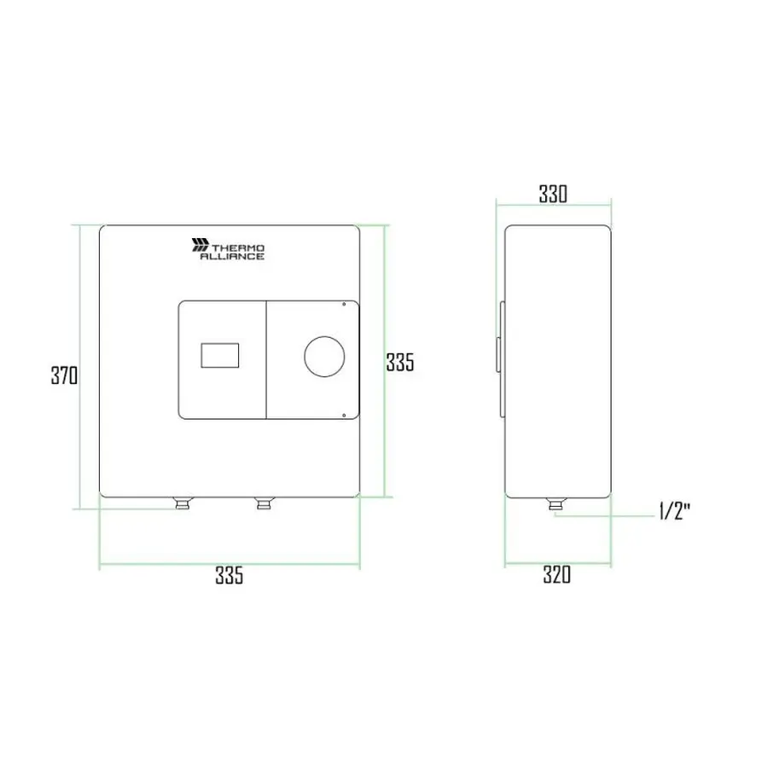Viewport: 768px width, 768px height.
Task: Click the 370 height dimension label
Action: [64, 375]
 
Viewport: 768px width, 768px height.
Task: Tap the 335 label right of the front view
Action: [399, 363]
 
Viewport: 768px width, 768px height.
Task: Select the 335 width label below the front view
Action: [229, 575]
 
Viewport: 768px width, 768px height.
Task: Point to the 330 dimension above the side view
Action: [553, 194]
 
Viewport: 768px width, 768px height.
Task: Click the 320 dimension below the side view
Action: [557, 574]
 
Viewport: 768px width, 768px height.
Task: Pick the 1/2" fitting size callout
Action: [674, 512]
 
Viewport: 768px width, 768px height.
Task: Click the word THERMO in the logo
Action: [238, 248]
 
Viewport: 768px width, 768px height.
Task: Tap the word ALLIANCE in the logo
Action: [232, 256]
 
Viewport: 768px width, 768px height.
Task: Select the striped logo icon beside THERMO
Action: [200, 245]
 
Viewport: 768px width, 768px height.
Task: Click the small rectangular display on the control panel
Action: [220, 356]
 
